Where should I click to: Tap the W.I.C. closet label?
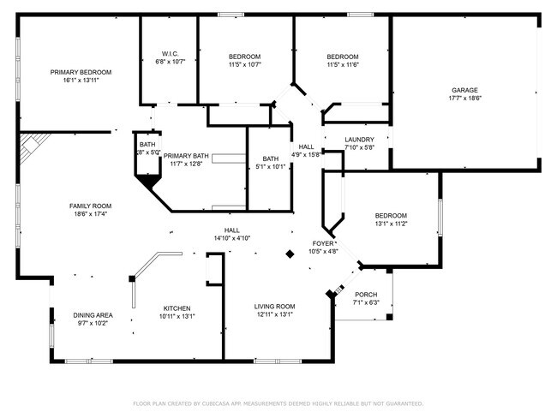(169, 52)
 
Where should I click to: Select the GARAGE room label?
(465, 90)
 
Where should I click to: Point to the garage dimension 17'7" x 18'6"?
(465, 99)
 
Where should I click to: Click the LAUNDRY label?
(359, 139)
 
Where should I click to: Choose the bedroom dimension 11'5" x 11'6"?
(342, 64)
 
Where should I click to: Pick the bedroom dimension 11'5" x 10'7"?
(244, 64)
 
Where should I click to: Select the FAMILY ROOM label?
(90, 206)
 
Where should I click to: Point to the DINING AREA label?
(92, 314)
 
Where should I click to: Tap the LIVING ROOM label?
(274, 306)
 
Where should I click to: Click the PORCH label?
(366, 294)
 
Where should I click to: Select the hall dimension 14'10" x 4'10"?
(231, 238)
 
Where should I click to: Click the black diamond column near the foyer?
(290, 254)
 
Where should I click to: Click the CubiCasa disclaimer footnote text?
(278, 403)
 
